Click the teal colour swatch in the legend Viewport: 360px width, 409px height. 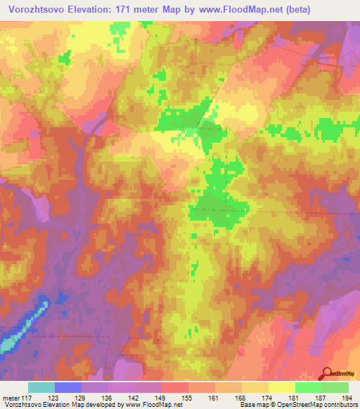pos(41,387)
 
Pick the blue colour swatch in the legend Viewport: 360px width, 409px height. pos(67,387)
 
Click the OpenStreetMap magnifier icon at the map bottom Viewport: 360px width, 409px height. pos(327,373)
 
